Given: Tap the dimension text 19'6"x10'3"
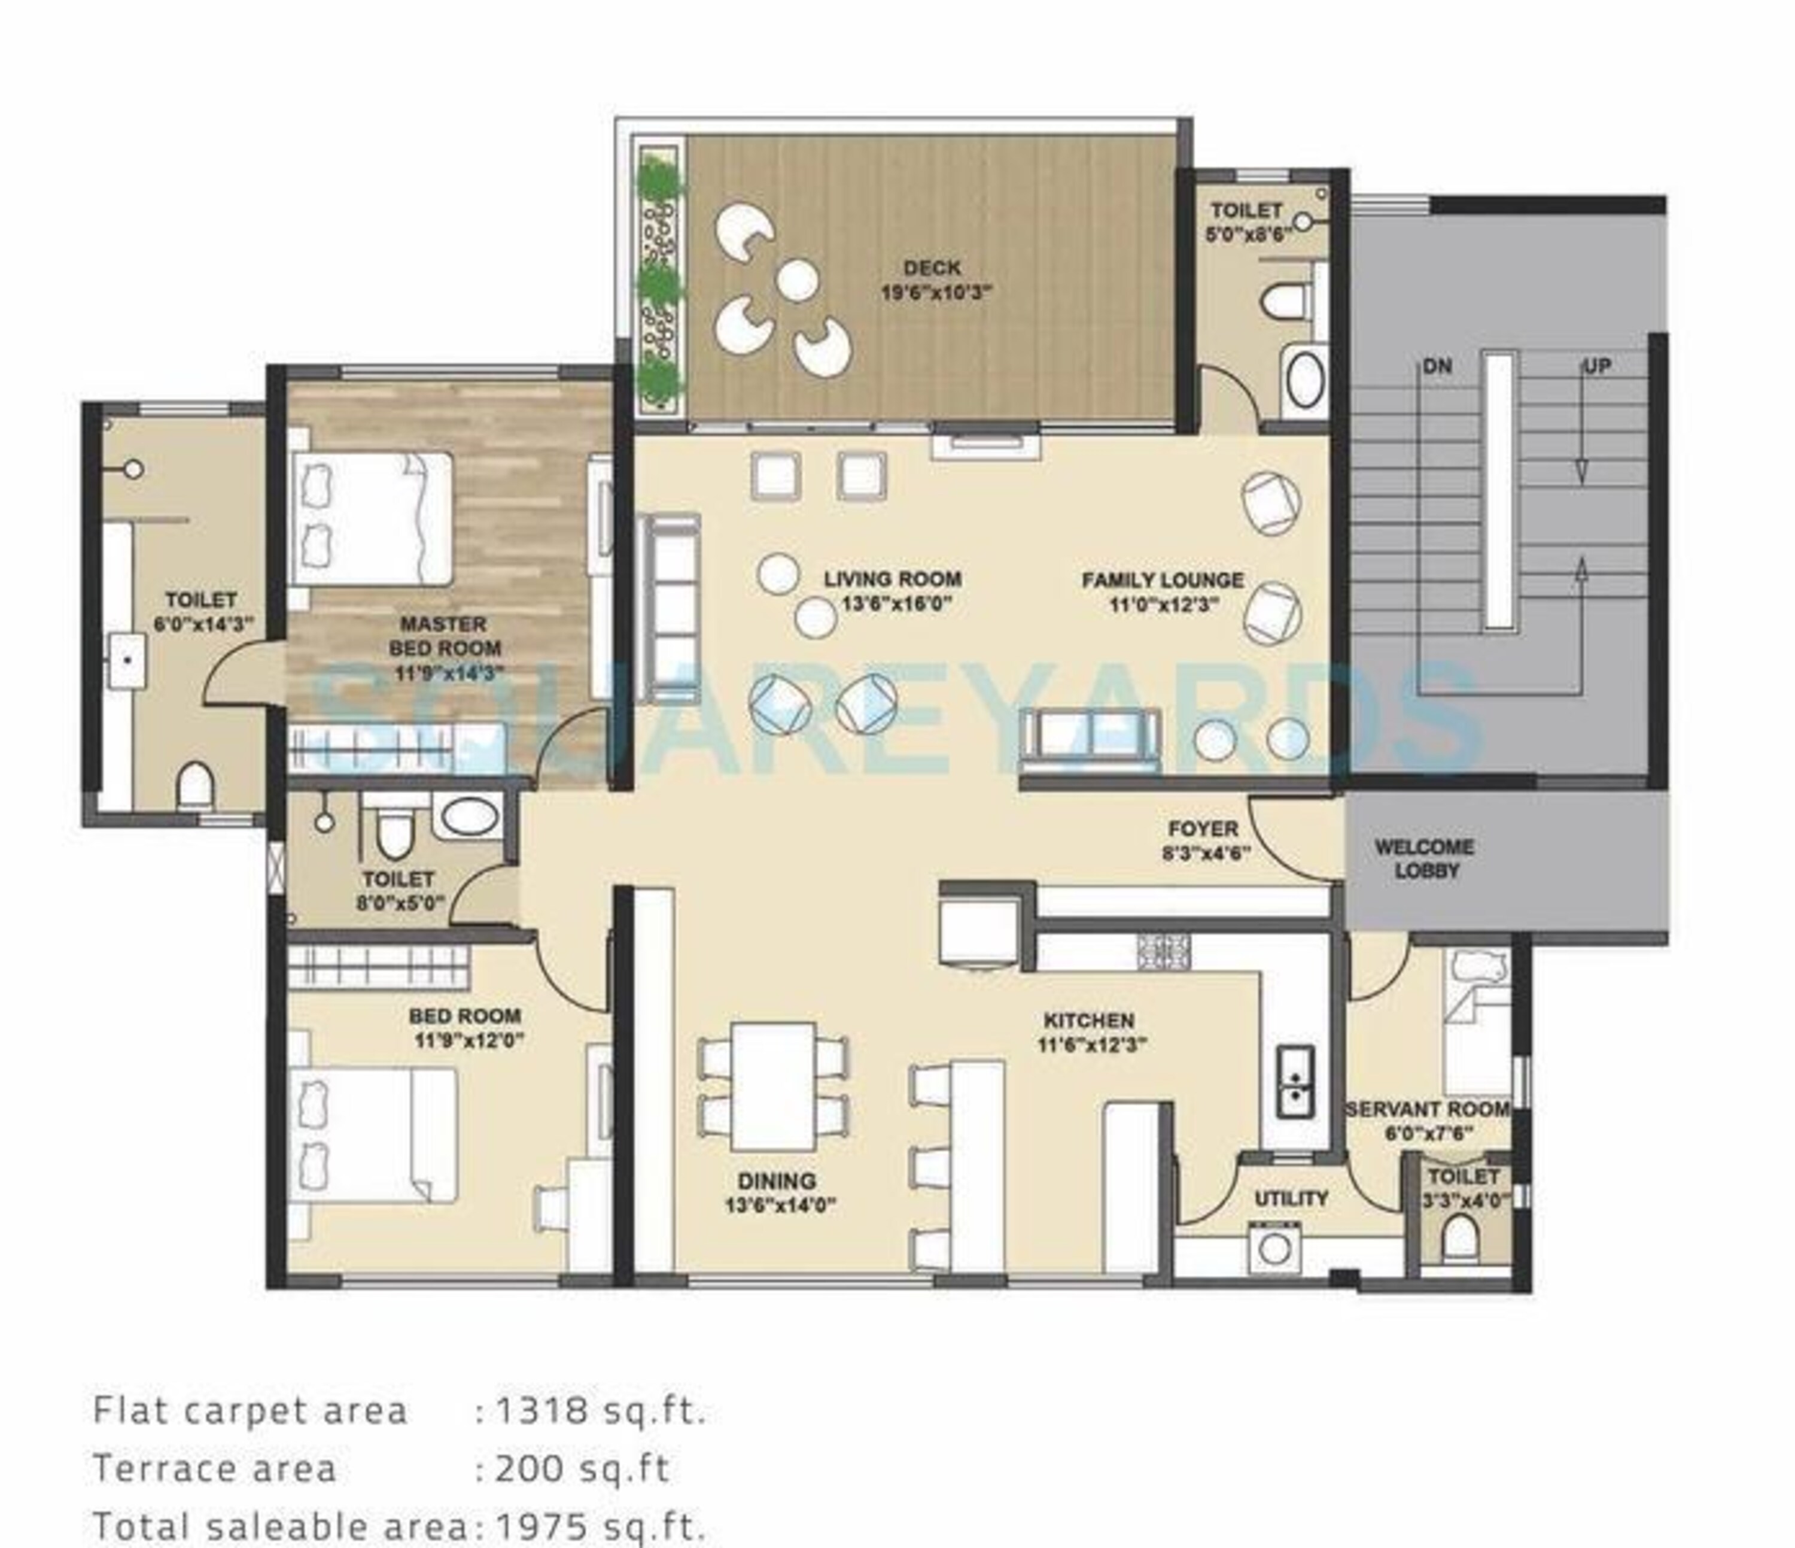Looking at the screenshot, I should pyautogui.click(x=936, y=292).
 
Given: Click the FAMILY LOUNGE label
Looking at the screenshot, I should pyautogui.click(x=1163, y=580).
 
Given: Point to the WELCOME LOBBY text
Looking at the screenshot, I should pyautogui.click(x=1425, y=858).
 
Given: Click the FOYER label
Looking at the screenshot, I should pyautogui.click(x=1203, y=828).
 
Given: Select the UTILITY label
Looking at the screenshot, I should pyautogui.click(x=1291, y=1198).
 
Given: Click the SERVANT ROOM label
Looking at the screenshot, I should pyautogui.click(x=1427, y=1109).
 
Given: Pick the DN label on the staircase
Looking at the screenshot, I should pyautogui.click(x=1437, y=366).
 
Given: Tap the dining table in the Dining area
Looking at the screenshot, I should pyautogui.click(x=773, y=1086).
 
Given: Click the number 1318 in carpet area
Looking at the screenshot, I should pyautogui.click(x=532, y=1410).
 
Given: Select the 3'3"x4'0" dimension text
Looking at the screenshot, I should pyautogui.click(x=1465, y=1200).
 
